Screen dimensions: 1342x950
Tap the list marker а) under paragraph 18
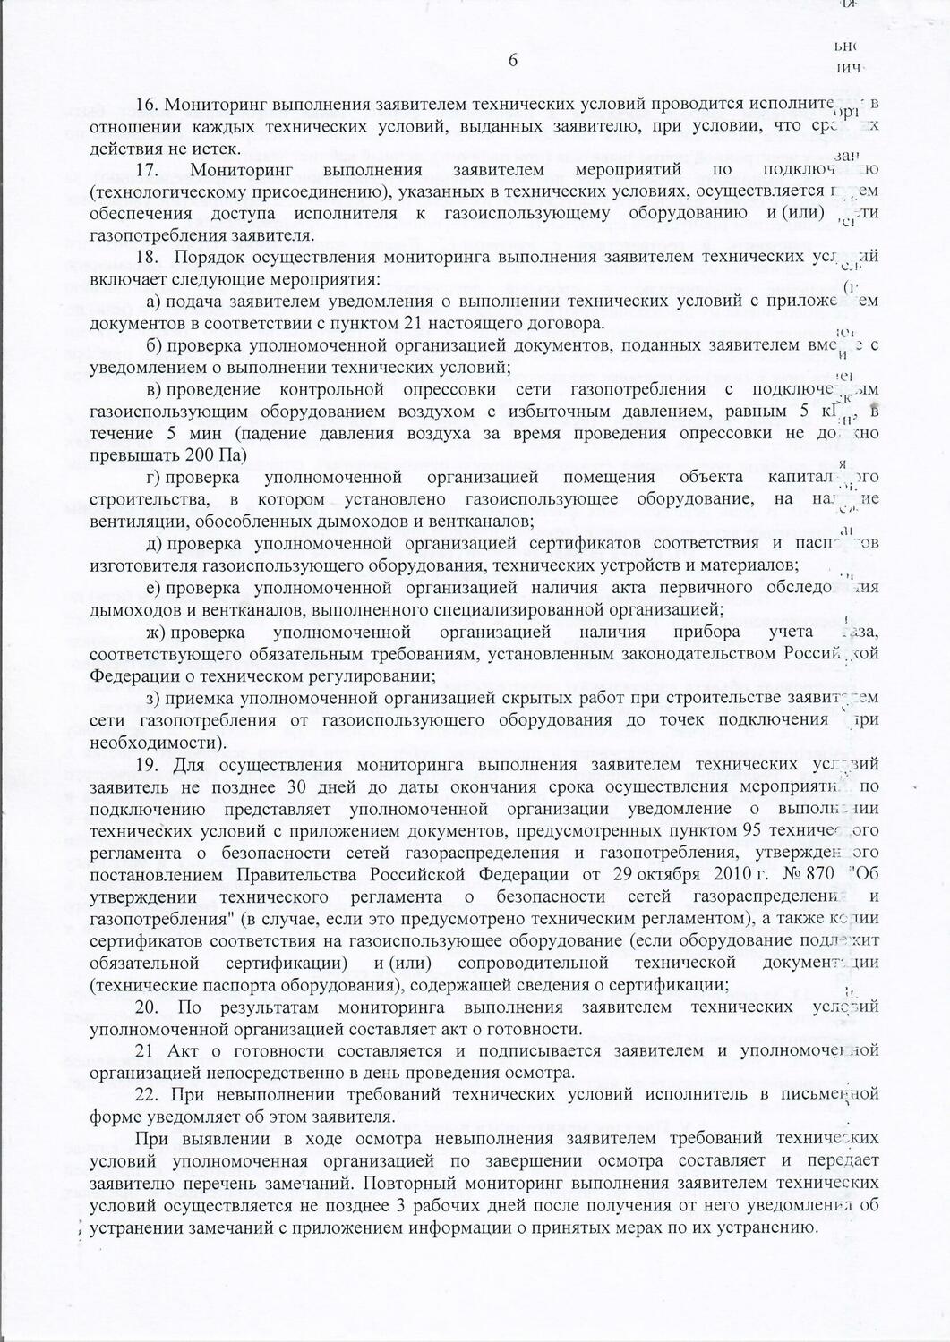153,302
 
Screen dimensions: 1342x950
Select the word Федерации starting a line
129,675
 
